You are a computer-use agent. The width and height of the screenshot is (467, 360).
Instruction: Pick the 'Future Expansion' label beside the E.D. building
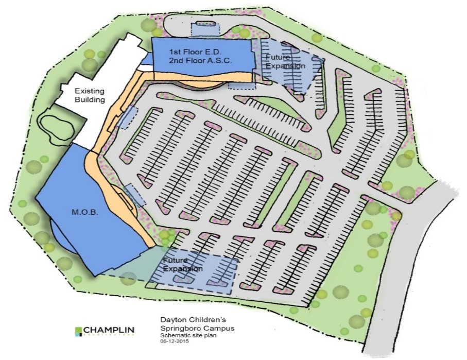coord(286,62)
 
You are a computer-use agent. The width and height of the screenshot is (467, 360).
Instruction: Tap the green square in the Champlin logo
coord(78,329)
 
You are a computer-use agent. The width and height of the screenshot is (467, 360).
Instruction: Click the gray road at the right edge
coord(412,258)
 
